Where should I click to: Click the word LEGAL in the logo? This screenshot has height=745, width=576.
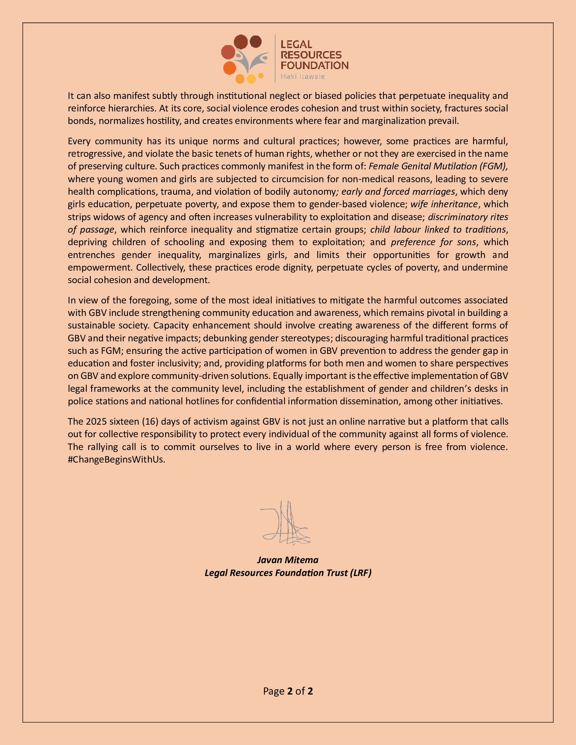coord(296,44)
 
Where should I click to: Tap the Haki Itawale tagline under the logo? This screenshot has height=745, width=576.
coord(302,77)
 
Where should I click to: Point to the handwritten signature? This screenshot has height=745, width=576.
coord(286,523)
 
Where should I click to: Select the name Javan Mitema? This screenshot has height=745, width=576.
coord(288,560)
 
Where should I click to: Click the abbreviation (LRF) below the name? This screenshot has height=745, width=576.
coord(361,573)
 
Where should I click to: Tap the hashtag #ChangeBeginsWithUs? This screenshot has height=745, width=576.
coord(116,460)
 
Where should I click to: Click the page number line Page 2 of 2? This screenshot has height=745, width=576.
coord(288,691)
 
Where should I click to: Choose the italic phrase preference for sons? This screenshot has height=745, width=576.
coord(433,242)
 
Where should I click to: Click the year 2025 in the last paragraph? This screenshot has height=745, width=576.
coord(96,421)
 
